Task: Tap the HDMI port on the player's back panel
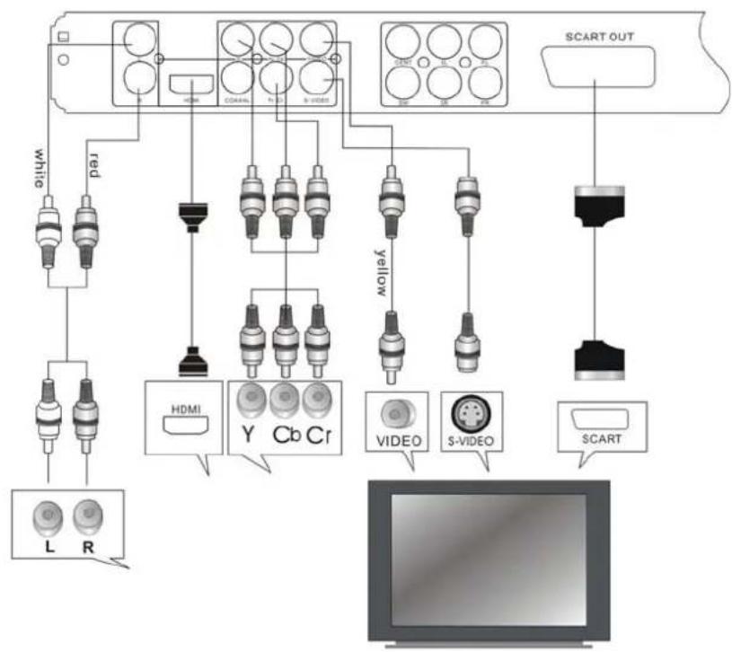(187, 88)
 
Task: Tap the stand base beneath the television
(490, 644)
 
